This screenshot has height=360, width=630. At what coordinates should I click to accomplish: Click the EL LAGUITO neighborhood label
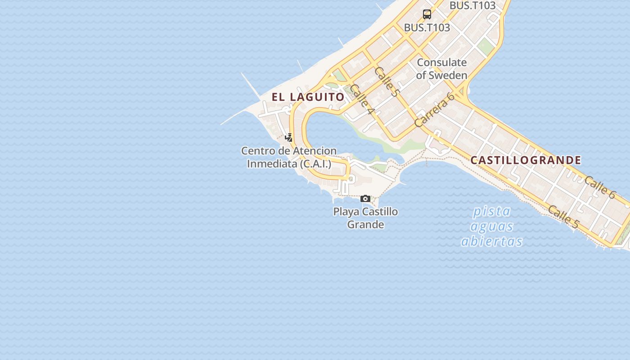[x=308, y=97]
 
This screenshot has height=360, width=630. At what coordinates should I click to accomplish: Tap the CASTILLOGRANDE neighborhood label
[x=526, y=160]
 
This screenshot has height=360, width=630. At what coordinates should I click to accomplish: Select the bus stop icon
[x=427, y=14]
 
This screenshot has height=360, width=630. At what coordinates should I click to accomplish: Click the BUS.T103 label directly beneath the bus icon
[x=427, y=27]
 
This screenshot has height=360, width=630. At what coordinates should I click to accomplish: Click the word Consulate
[x=441, y=63]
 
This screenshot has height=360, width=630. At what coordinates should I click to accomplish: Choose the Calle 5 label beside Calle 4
[x=387, y=81]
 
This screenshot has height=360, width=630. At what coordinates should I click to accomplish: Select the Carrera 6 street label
[x=435, y=110]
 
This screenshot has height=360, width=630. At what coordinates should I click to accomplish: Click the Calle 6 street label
[x=600, y=187]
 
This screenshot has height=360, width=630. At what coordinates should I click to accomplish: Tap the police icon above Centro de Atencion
[x=289, y=137]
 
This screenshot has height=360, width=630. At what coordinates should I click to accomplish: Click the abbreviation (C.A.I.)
[x=316, y=164]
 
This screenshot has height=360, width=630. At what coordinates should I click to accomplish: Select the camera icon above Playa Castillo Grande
[x=365, y=198]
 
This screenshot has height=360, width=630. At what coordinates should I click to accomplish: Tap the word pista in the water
[x=492, y=211]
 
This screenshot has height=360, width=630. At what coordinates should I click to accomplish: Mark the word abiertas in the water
[x=492, y=241]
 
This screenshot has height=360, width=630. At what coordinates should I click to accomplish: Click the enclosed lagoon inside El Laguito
[x=333, y=130]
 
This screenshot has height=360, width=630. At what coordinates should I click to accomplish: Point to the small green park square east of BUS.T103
[x=485, y=45]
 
